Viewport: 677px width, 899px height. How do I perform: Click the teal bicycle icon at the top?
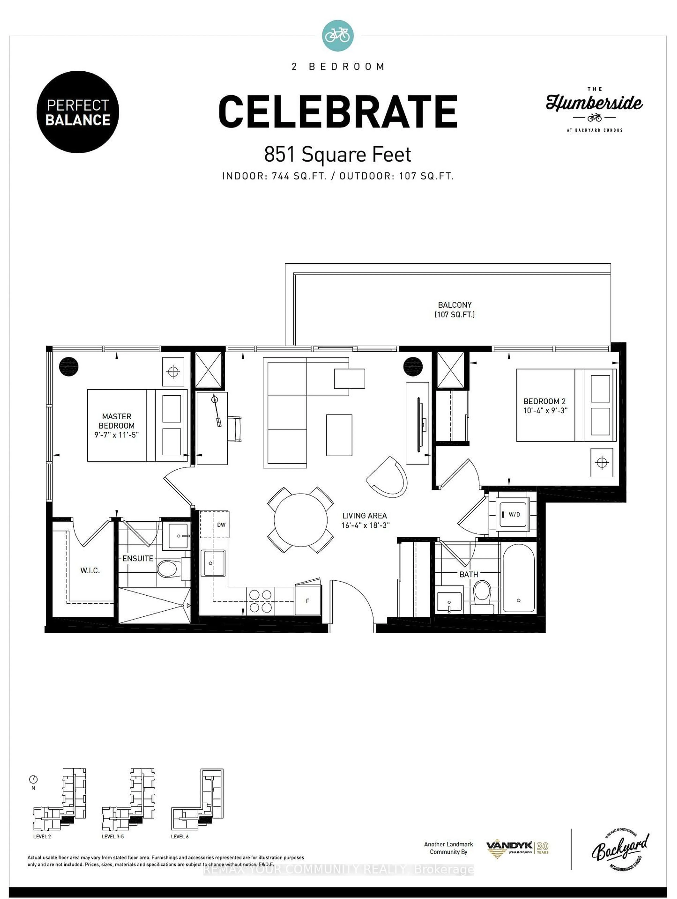[x=337, y=36]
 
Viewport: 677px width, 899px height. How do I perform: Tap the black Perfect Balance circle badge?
[x=78, y=112]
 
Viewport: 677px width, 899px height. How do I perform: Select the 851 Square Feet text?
[x=337, y=154]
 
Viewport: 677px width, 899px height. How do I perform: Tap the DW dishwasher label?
[x=221, y=525]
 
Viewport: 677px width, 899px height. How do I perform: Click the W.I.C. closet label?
[x=90, y=571]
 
